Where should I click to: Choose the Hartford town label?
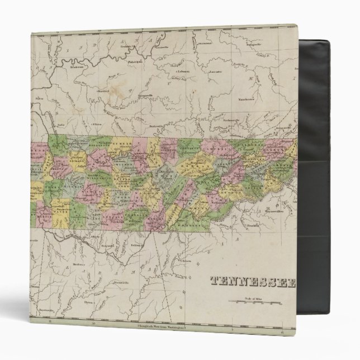point(101,89)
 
